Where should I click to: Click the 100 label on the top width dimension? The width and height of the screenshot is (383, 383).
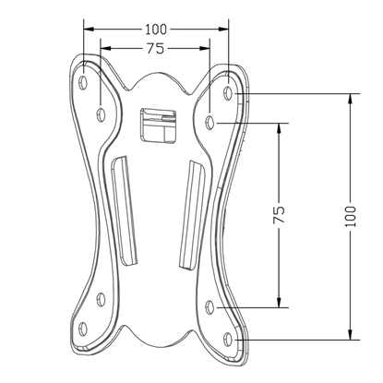click(x=154, y=30)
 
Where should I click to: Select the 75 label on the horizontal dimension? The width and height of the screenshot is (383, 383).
click(x=154, y=48)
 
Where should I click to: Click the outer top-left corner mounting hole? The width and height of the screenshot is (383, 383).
click(x=84, y=80)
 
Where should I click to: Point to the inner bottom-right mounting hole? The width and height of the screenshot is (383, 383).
click(x=210, y=306)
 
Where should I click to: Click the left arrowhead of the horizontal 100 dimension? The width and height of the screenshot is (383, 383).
click(x=85, y=30)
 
